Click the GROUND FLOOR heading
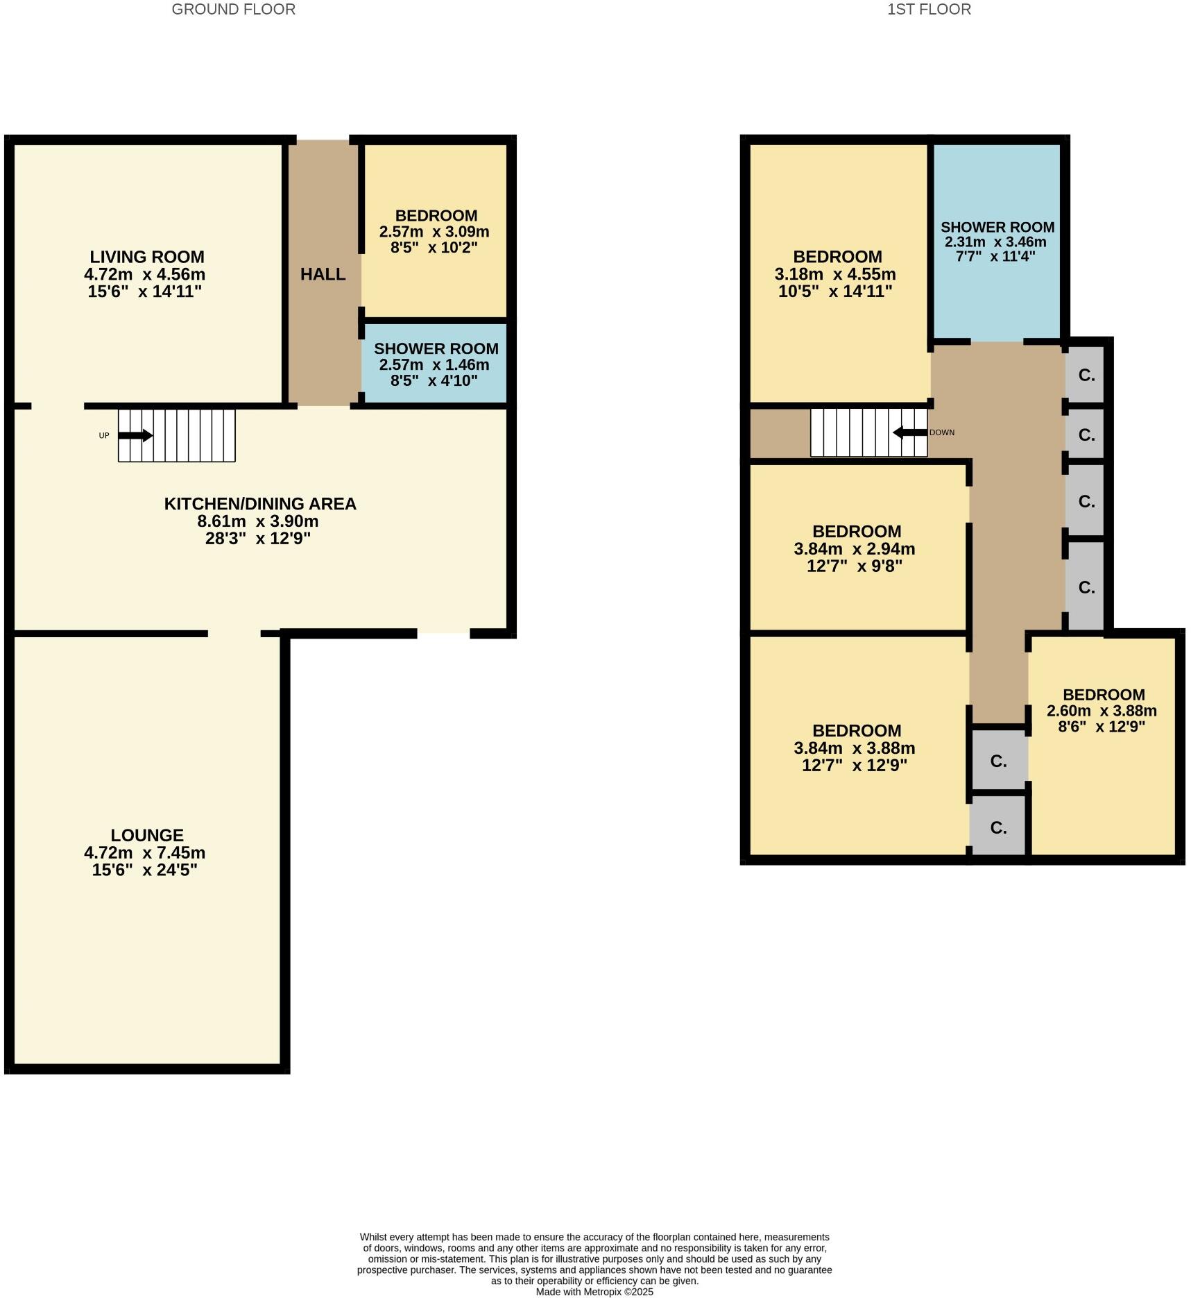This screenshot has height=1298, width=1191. point(233,10)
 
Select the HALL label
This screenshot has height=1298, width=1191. point(323,274)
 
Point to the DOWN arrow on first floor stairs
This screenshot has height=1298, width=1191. point(909,432)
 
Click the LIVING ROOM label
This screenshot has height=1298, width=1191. point(147,257)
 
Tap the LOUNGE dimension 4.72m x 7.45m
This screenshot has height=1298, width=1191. point(144,852)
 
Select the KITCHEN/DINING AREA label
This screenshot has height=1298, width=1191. point(260,503)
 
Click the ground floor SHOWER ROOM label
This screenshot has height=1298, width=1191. point(436,348)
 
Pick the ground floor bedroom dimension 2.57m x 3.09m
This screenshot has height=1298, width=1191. point(434,232)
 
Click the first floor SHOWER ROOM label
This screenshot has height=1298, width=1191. point(997,227)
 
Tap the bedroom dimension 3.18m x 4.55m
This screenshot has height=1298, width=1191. point(834,274)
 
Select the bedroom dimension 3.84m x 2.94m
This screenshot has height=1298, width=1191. point(854,548)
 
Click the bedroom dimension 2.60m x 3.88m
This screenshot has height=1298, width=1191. point(1102,711)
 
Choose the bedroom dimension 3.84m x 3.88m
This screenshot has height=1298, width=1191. point(854,748)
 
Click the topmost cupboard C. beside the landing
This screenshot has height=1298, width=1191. point(1086,376)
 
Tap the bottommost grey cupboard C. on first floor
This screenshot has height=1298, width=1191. point(998,827)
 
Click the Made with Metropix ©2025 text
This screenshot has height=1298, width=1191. point(594,1292)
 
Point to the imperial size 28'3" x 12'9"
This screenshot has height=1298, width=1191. point(257,539)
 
